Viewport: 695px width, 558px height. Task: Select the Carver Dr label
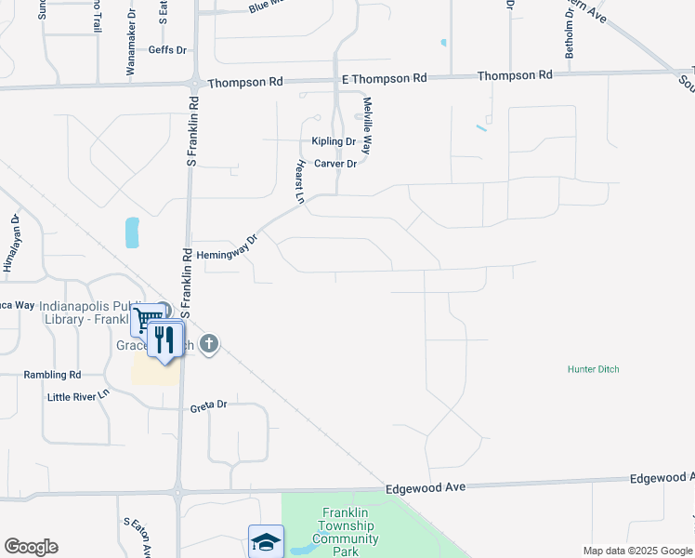[335, 164]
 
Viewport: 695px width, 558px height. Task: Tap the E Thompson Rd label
[383, 79]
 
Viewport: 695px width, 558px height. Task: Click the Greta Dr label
[208, 405]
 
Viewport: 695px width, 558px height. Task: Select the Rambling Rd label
[52, 375]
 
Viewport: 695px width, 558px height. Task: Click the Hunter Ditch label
[593, 369]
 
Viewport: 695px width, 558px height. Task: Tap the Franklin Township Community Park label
[346, 532]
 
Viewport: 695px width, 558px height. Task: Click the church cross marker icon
[210, 344]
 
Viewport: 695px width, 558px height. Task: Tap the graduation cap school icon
[266, 541]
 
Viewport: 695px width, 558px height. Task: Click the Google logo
[31, 547]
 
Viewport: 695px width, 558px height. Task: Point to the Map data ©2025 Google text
[636, 551]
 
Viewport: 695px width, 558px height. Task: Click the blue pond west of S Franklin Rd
[132, 232]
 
